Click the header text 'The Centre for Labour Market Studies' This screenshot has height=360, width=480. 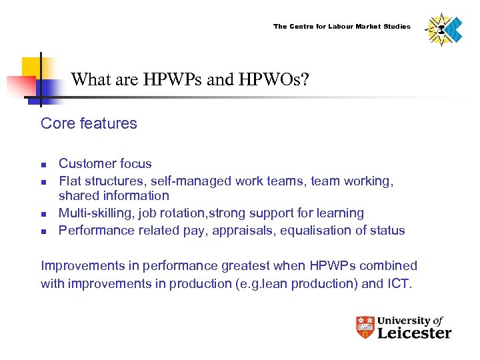pyautogui.click(x=341, y=27)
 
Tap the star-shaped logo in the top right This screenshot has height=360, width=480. pyautogui.click(x=443, y=30)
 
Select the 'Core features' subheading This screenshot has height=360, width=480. pyautogui.click(x=89, y=123)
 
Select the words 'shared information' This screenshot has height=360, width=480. pyautogui.click(x=114, y=195)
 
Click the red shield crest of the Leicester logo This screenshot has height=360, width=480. pyautogui.click(x=365, y=327)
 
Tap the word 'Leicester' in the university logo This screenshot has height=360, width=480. pyautogui.click(x=414, y=332)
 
